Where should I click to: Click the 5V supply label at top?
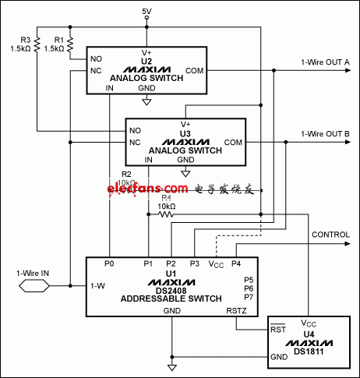(146, 10)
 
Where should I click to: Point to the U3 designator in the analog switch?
(185, 133)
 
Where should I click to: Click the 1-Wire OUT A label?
(325, 63)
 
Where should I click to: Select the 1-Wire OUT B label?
(325, 134)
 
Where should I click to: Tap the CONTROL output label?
(330, 235)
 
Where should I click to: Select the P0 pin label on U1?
(110, 264)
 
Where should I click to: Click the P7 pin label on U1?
(249, 297)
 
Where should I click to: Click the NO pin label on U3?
(136, 130)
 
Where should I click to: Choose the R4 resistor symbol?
(166, 214)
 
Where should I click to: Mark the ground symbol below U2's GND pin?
(146, 101)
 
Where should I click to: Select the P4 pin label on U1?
(236, 264)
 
